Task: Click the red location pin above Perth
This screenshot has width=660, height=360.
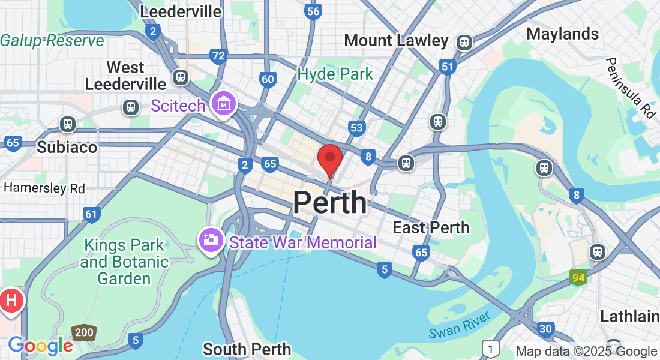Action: click(x=329, y=158)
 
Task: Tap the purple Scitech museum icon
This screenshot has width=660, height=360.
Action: click(x=224, y=104)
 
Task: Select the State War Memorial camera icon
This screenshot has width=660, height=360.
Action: click(x=211, y=240)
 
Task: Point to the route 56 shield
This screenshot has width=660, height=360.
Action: click(x=312, y=11)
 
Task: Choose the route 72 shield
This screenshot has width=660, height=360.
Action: click(x=218, y=57)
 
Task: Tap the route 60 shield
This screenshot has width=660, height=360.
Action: click(x=268, y=79)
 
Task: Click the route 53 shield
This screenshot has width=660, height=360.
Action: click(x=356, y=127)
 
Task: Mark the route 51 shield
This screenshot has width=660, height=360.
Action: click(x=447, y=67)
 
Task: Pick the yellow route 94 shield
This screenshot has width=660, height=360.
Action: click(x=578, y=277)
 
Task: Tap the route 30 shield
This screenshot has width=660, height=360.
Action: click(x=545, y=328)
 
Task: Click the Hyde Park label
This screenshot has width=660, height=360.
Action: click(x=335, y=74)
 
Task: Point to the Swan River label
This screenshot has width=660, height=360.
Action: click(x=460, y=325)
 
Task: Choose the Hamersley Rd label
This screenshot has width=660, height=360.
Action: click(x=44, y=188)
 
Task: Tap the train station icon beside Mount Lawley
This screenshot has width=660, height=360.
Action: click(x=464, y=42)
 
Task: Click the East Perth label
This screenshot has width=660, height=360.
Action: click(x=431, y=227)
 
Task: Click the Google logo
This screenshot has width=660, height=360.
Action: click(x=40, y=346)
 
